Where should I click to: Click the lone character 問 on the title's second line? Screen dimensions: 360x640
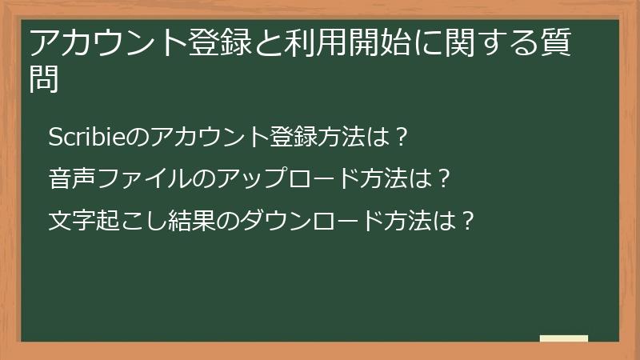(x=45, y=80)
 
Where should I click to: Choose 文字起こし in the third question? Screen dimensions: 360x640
(x=108, y=218)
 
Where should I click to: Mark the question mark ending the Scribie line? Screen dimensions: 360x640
(x=403, y=137)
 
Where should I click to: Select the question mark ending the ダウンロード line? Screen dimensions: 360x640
(x=469, y=218)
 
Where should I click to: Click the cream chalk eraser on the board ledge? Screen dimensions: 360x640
(x=564, y=339)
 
